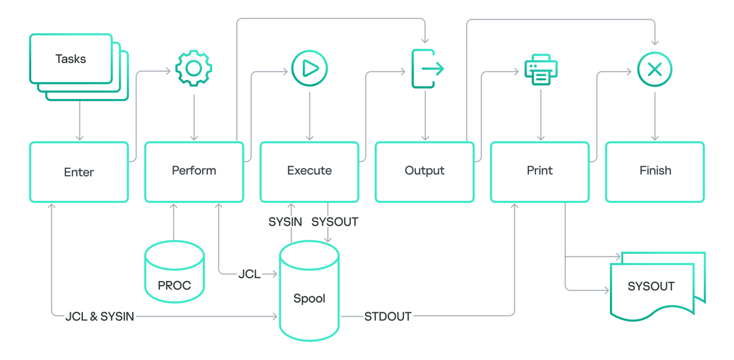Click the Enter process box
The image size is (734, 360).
tap(79, 172)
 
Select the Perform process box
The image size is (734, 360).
tap(194, 171)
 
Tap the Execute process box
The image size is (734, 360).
tap(309, 171)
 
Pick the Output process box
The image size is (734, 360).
tap(424, 171)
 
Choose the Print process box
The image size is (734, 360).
tap(540, 171)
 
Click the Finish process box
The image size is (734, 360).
tap(655, 171)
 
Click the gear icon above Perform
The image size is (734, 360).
tap(194, 69)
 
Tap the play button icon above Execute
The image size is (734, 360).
tap(309, 69)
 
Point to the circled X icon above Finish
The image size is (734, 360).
tap(655, 69)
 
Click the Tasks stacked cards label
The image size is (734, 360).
tap(71, 59)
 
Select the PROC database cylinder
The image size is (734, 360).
tap(174, 273)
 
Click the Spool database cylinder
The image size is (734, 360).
tap(309, 292)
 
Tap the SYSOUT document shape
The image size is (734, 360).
tap(651, 287)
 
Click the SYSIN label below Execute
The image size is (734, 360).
tap(285, 222)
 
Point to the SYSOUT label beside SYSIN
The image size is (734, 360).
tap(335, 222)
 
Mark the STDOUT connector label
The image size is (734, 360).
tap(388, 316)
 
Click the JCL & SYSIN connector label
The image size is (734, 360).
tap(99, 316)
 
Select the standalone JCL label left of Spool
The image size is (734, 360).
tap(249, 274)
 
